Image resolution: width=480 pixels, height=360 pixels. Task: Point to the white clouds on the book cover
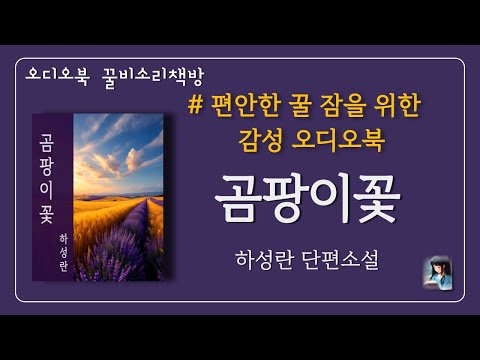click(x=120, y=140)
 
